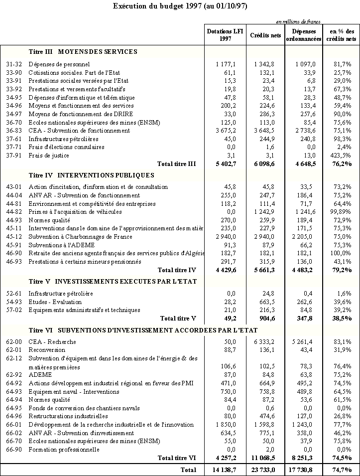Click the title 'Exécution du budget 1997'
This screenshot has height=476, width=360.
pyautogui.click(x=180, y=6)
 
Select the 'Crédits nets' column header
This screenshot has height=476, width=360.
pyautogui.click(x=265, y=35)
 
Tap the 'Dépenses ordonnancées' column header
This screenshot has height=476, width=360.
pyautogui.click(x=304, y=35)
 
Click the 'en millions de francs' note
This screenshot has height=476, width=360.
pyautogui.click(x=298, y=21)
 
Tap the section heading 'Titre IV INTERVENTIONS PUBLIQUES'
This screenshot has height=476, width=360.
pyautogui.click(x=92, y=175)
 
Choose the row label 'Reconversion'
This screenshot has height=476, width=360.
pyautogui.click(x=47, y=350)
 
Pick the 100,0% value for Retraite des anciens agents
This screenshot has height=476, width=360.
pyautogui.click(x=344, y=253)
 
